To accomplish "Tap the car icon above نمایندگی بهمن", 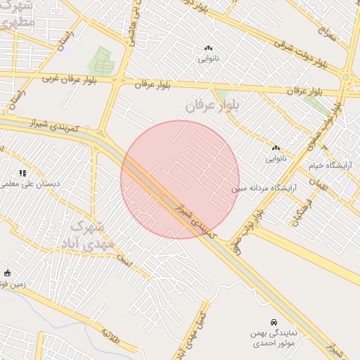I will click(273, 322).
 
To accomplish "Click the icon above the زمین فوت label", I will click(8, 273).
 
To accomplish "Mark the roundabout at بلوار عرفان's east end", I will click(345, 77).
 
